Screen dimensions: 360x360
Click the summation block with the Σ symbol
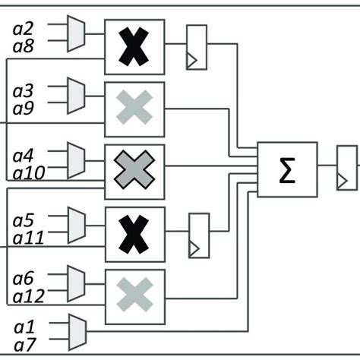pos(287,169)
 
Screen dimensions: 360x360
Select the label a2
pos(24,29)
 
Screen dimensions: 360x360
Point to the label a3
pos(24,91)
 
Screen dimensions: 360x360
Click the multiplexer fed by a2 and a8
pos(76,34)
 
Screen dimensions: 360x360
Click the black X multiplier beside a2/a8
pos(134,47)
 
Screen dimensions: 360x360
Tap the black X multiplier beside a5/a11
pos(134,233)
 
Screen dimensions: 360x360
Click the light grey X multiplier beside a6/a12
pos(134,295)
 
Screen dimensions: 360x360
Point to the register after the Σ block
pos(346,168)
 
